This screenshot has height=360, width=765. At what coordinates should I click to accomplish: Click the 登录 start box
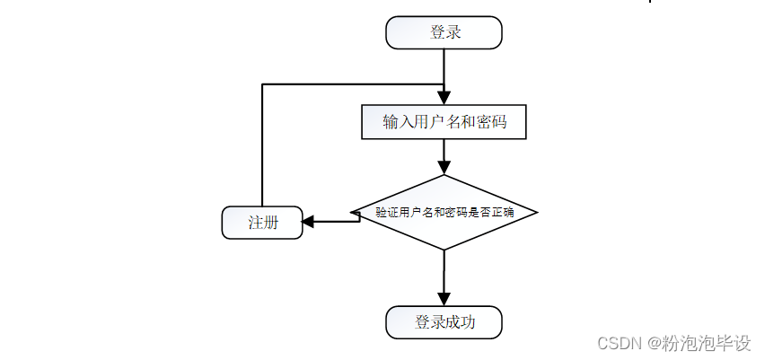[444, 32]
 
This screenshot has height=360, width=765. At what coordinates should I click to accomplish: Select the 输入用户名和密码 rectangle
[444, 122]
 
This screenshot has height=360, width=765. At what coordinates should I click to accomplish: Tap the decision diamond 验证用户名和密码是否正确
[444, 213]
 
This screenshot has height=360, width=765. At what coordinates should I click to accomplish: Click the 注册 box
[261, 223]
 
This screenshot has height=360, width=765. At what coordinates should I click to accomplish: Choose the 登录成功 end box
[444, 322]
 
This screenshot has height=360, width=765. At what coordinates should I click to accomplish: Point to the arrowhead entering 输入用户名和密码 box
[444, 98]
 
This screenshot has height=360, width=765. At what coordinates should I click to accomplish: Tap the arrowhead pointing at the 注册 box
[308, 222]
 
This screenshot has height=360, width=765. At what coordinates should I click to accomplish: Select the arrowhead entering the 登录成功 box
[444, 299]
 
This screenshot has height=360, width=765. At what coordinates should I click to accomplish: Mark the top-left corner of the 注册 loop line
[261, 84]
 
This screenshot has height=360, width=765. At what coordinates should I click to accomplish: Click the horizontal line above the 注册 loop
[350, 84]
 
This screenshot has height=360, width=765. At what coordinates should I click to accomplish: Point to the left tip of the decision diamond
[350, 213]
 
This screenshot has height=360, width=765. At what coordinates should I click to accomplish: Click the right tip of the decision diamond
[537, 213]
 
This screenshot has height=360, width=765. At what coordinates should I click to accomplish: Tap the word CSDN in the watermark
[616, 343]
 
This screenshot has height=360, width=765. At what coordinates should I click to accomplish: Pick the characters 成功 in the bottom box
[460, 322]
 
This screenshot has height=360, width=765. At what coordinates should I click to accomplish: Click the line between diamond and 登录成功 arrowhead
[444, 269]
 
